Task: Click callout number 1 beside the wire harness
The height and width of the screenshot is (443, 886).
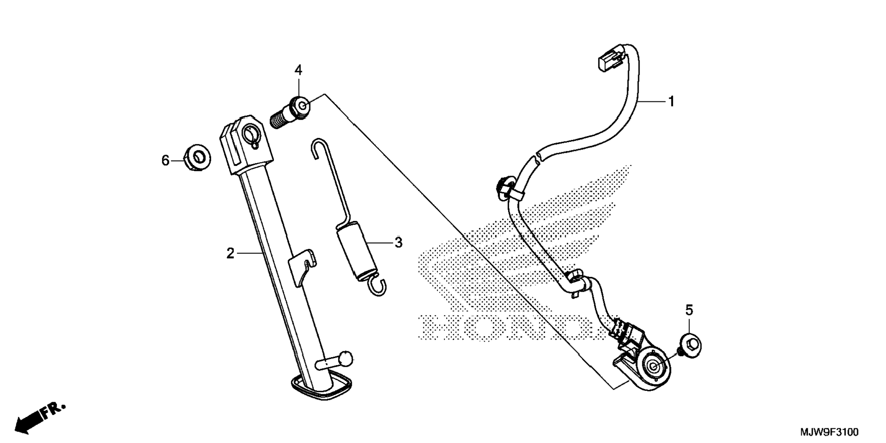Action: click(671, 101)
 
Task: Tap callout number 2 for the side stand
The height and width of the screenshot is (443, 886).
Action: click(230, 253)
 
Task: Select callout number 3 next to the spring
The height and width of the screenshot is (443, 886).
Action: click(399, 243)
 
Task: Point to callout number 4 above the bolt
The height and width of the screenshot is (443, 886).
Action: click(298, 71)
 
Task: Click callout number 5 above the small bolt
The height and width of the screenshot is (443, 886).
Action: click(689, 310)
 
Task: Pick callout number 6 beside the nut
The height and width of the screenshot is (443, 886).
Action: click(165, 161)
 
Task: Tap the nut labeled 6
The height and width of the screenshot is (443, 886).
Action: click(197, 157)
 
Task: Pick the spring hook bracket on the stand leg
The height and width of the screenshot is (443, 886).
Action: click(302, 263)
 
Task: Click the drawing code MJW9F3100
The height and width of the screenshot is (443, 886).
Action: click(829, 432)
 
